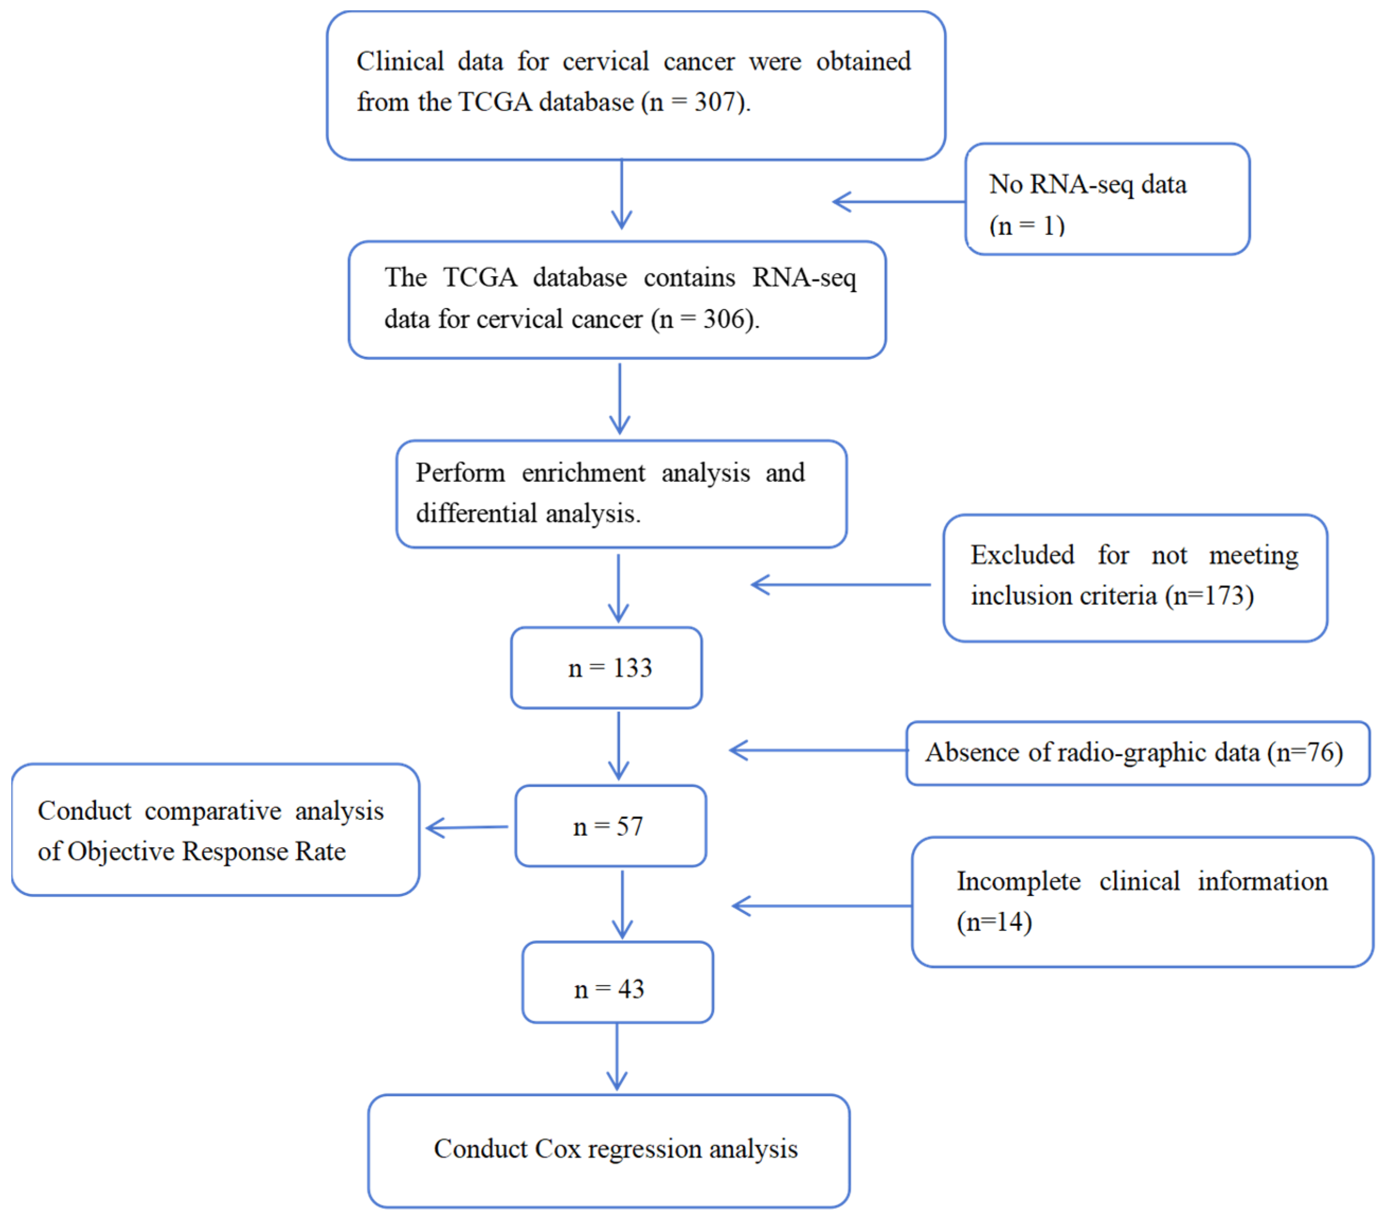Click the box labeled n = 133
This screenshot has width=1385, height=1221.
pyautogui.click(x=606, y=667)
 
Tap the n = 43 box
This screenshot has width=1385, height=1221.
pyautogui.click(x=617, y=982)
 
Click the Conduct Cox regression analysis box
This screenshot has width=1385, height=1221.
pyautogui.click(x=609, y=1151)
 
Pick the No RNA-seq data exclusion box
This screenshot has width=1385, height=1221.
pyautogui.click(x=1107, y=198)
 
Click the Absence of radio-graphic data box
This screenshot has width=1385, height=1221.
pyautogui.click(x=1138, y=753)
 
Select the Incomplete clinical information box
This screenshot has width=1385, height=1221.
pyautogui.click(x=1143, y=902)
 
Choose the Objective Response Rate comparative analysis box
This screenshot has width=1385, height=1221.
pyautogui.click(x=215, y=829)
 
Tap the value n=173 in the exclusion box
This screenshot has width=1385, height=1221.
pyautogui.click(x=1209, y=595)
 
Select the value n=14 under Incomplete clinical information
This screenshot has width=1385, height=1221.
pyautogui.click(x=994, y=921)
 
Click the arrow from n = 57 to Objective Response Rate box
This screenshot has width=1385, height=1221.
pyautogui.click(x=467, y=827)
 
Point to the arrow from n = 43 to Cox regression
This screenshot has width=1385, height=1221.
pyautogui.click(x=617, y=1056)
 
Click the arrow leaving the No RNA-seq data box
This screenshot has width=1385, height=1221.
pyautogui.click(x=899, y=201)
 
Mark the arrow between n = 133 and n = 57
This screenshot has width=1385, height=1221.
pyautogui.click(x=619, y=745)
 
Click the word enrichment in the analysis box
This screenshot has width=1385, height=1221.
pyautogui.click(x=583, y=473)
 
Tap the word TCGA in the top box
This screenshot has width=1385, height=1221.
pyautogui.click(x=495, y=102)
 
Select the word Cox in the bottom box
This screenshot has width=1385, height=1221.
pyautogui.click(x=556, y=1149)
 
